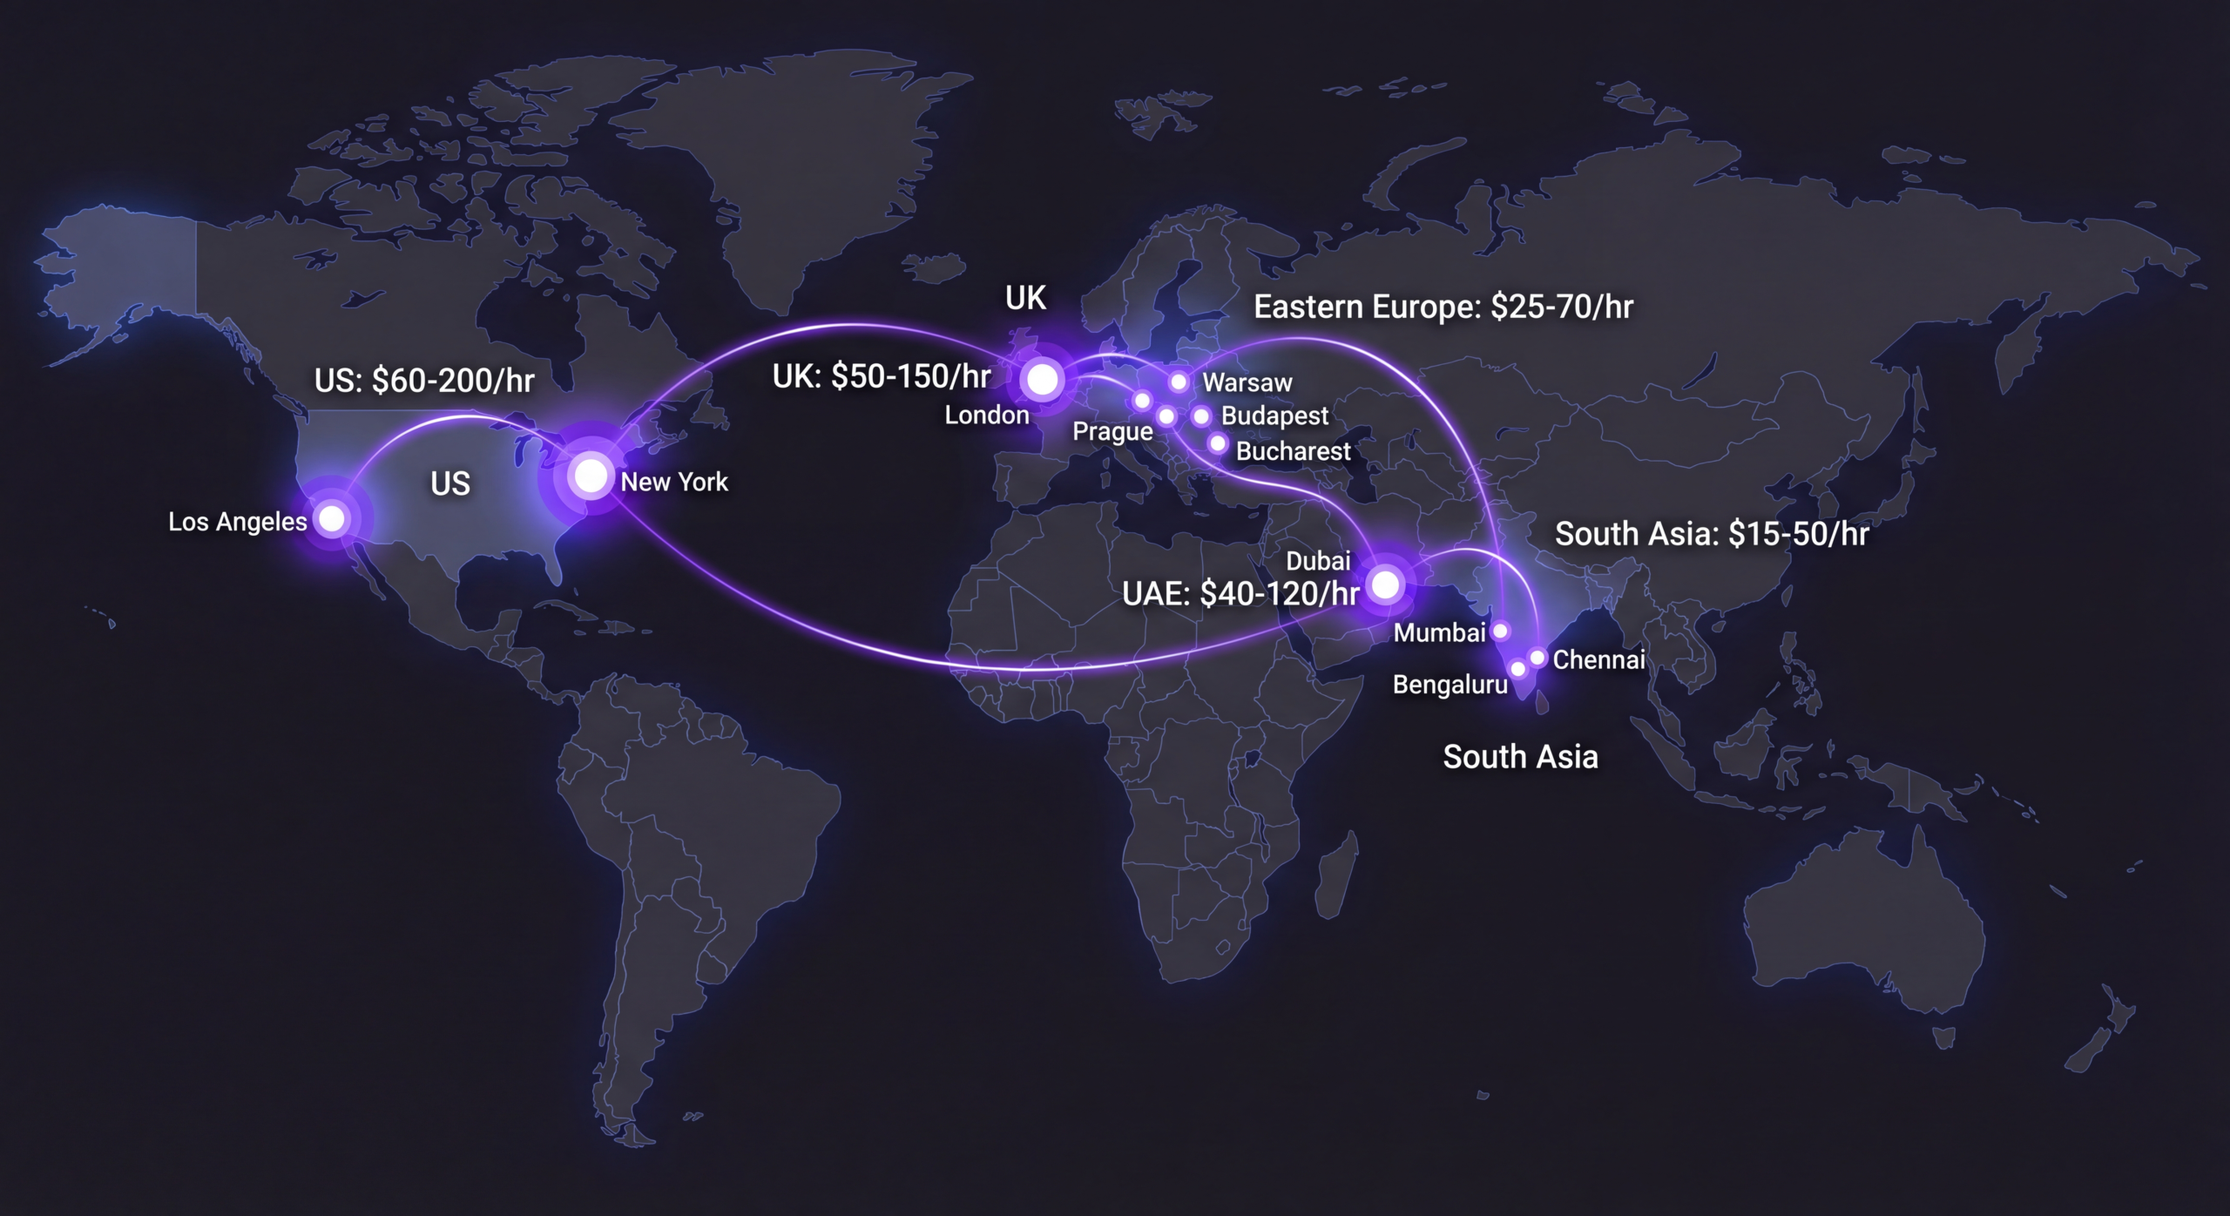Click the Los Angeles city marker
[332, 519]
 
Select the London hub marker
[1043, 380]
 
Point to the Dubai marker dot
[1385, 584]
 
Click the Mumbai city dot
[1501, 631]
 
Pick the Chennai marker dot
[1537, 658]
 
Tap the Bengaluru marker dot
[1518, 669]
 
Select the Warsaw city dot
[1179, 382]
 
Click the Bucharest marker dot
[1218, 444]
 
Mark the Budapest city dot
[1201, 416]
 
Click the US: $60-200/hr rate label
[424, 381]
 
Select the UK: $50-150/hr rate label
[882, 376]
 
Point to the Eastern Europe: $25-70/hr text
[1443, 307]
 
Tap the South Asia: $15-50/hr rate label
[1712, 534]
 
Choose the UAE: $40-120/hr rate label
[1240, 594]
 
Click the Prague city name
[1112, 432]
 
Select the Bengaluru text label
[1449, 685]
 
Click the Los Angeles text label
[237, 522]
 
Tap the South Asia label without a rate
[1520, 757]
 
